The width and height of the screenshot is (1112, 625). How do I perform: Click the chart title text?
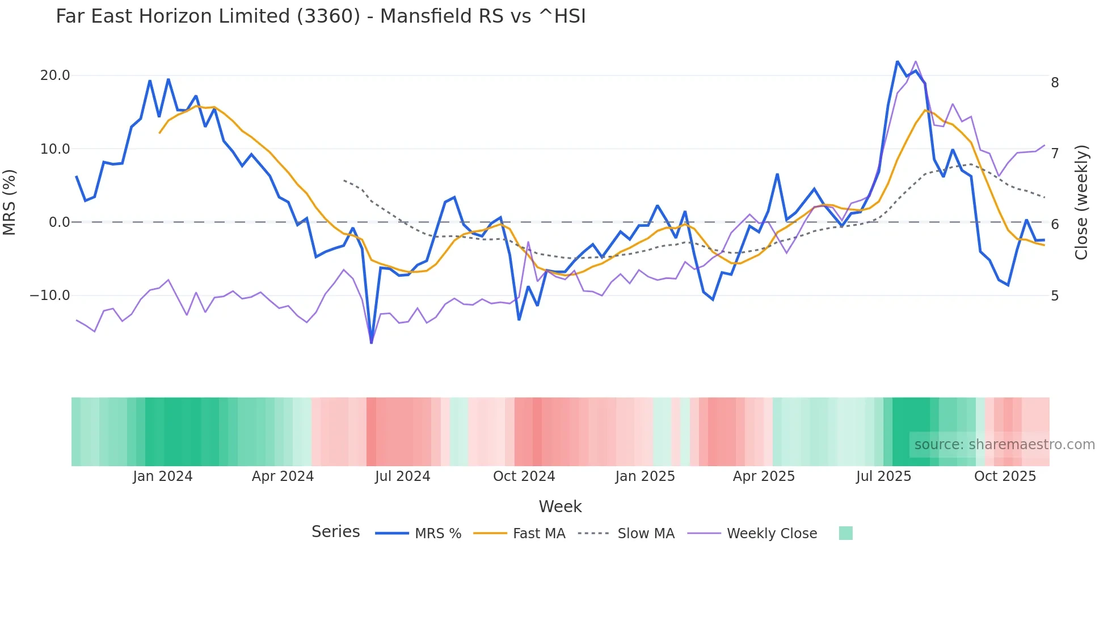click(321, 16)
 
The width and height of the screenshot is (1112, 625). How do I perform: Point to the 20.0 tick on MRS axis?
click(55, 75)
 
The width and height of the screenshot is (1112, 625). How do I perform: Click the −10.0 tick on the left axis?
click(50, 295)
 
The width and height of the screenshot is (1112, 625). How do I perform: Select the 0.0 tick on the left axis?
click(59, 222)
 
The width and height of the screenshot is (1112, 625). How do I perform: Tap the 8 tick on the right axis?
click(1055, 83)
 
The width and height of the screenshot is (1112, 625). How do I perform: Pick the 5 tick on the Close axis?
click(1055, 296)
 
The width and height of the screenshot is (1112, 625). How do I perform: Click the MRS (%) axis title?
click(10, 202)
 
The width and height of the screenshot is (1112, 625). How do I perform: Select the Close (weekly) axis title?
click(1081, 202)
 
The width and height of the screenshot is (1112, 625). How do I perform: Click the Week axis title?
click(560, 506)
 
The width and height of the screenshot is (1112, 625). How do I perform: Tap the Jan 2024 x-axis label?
click(163, 476)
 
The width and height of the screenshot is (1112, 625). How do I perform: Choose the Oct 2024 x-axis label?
click(524, 476)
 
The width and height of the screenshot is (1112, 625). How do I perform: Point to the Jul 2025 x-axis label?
click(883, 476)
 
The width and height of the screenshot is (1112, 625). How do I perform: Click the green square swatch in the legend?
click(845, 533)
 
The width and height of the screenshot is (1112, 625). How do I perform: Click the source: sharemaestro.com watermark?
click(1004, 445)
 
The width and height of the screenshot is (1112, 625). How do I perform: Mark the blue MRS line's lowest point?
click(372, 343)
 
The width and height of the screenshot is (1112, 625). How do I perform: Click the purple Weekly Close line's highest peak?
click(916, 61)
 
